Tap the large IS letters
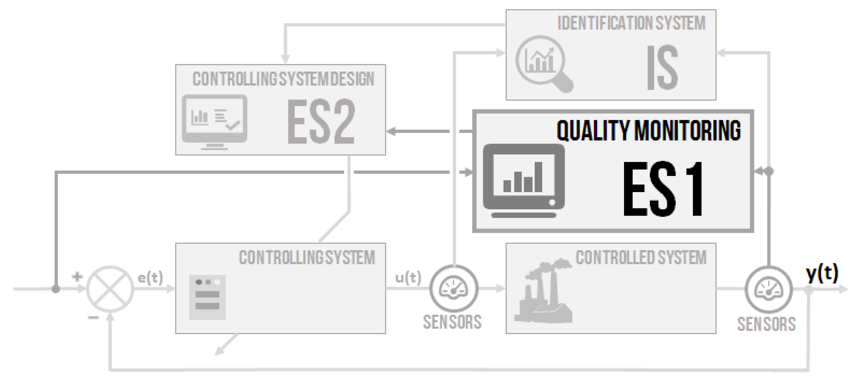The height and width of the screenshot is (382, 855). click(x=662, y=68)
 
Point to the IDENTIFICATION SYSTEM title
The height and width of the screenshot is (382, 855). click(x=631, y=23)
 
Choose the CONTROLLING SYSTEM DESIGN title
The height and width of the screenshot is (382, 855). click(x=283, y=79)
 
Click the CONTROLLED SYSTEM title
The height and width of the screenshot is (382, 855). click(x=641, y=258)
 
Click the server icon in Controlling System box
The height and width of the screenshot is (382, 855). click(x=207, y=297)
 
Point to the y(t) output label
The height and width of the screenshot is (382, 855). click(x=822, y=273)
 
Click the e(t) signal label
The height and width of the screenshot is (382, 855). click(x=150, y=277)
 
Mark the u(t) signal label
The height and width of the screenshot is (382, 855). click(x=408, y=277)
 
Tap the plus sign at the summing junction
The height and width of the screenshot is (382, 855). click(x=77, y=276)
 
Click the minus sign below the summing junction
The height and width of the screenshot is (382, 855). click(x=93, y=318)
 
